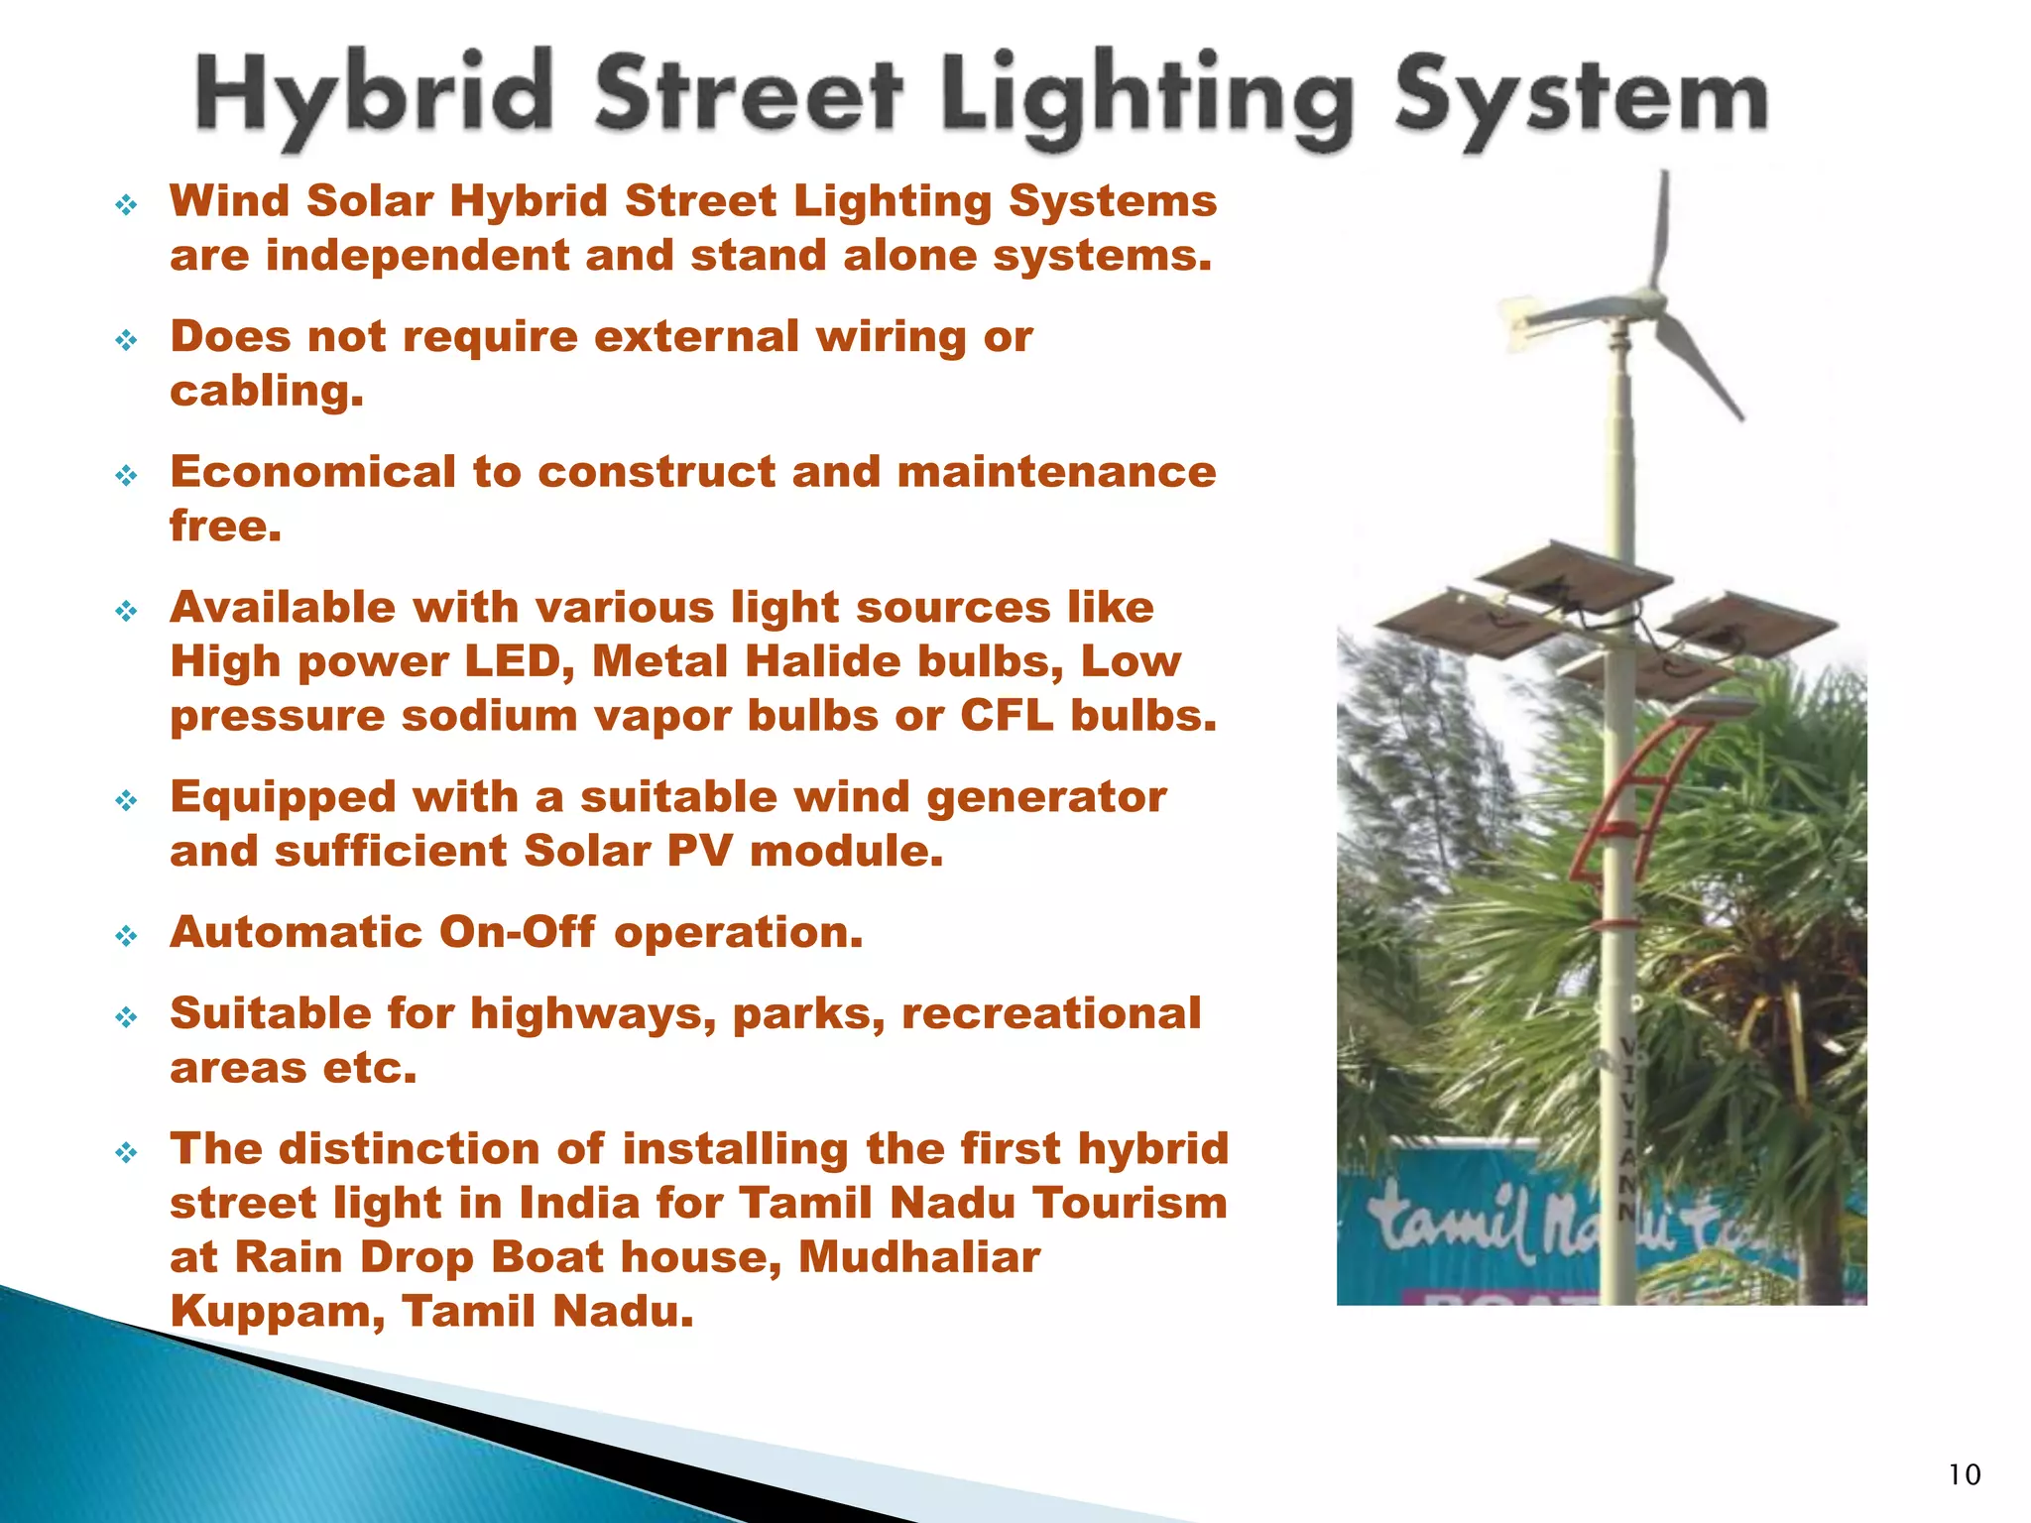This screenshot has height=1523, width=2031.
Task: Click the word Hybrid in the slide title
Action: pyautogui.click(x=373, y=97)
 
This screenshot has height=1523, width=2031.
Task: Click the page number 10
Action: pyautogui.click(x=1964, y=1475)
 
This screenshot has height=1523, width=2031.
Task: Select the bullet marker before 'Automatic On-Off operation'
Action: pyautogui.click(x=126, y=936)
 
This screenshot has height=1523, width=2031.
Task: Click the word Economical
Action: pyautogui.click(x=312, y=472)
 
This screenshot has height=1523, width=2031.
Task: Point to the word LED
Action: pyautogui.click(x=520, y=661)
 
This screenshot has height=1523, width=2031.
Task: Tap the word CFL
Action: pyautogui.click(x=1007, y=716)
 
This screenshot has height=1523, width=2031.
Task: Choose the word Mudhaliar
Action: pyautogui.click(x=919, y=1257)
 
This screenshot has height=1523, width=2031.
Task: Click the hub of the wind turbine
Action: pyautogui.click(x=1650, y=296)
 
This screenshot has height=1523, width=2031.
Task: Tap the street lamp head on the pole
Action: pyautogui.click(x=1717, y=707)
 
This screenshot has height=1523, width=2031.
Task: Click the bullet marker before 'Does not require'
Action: pyautogui.click(x=126, y=341)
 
